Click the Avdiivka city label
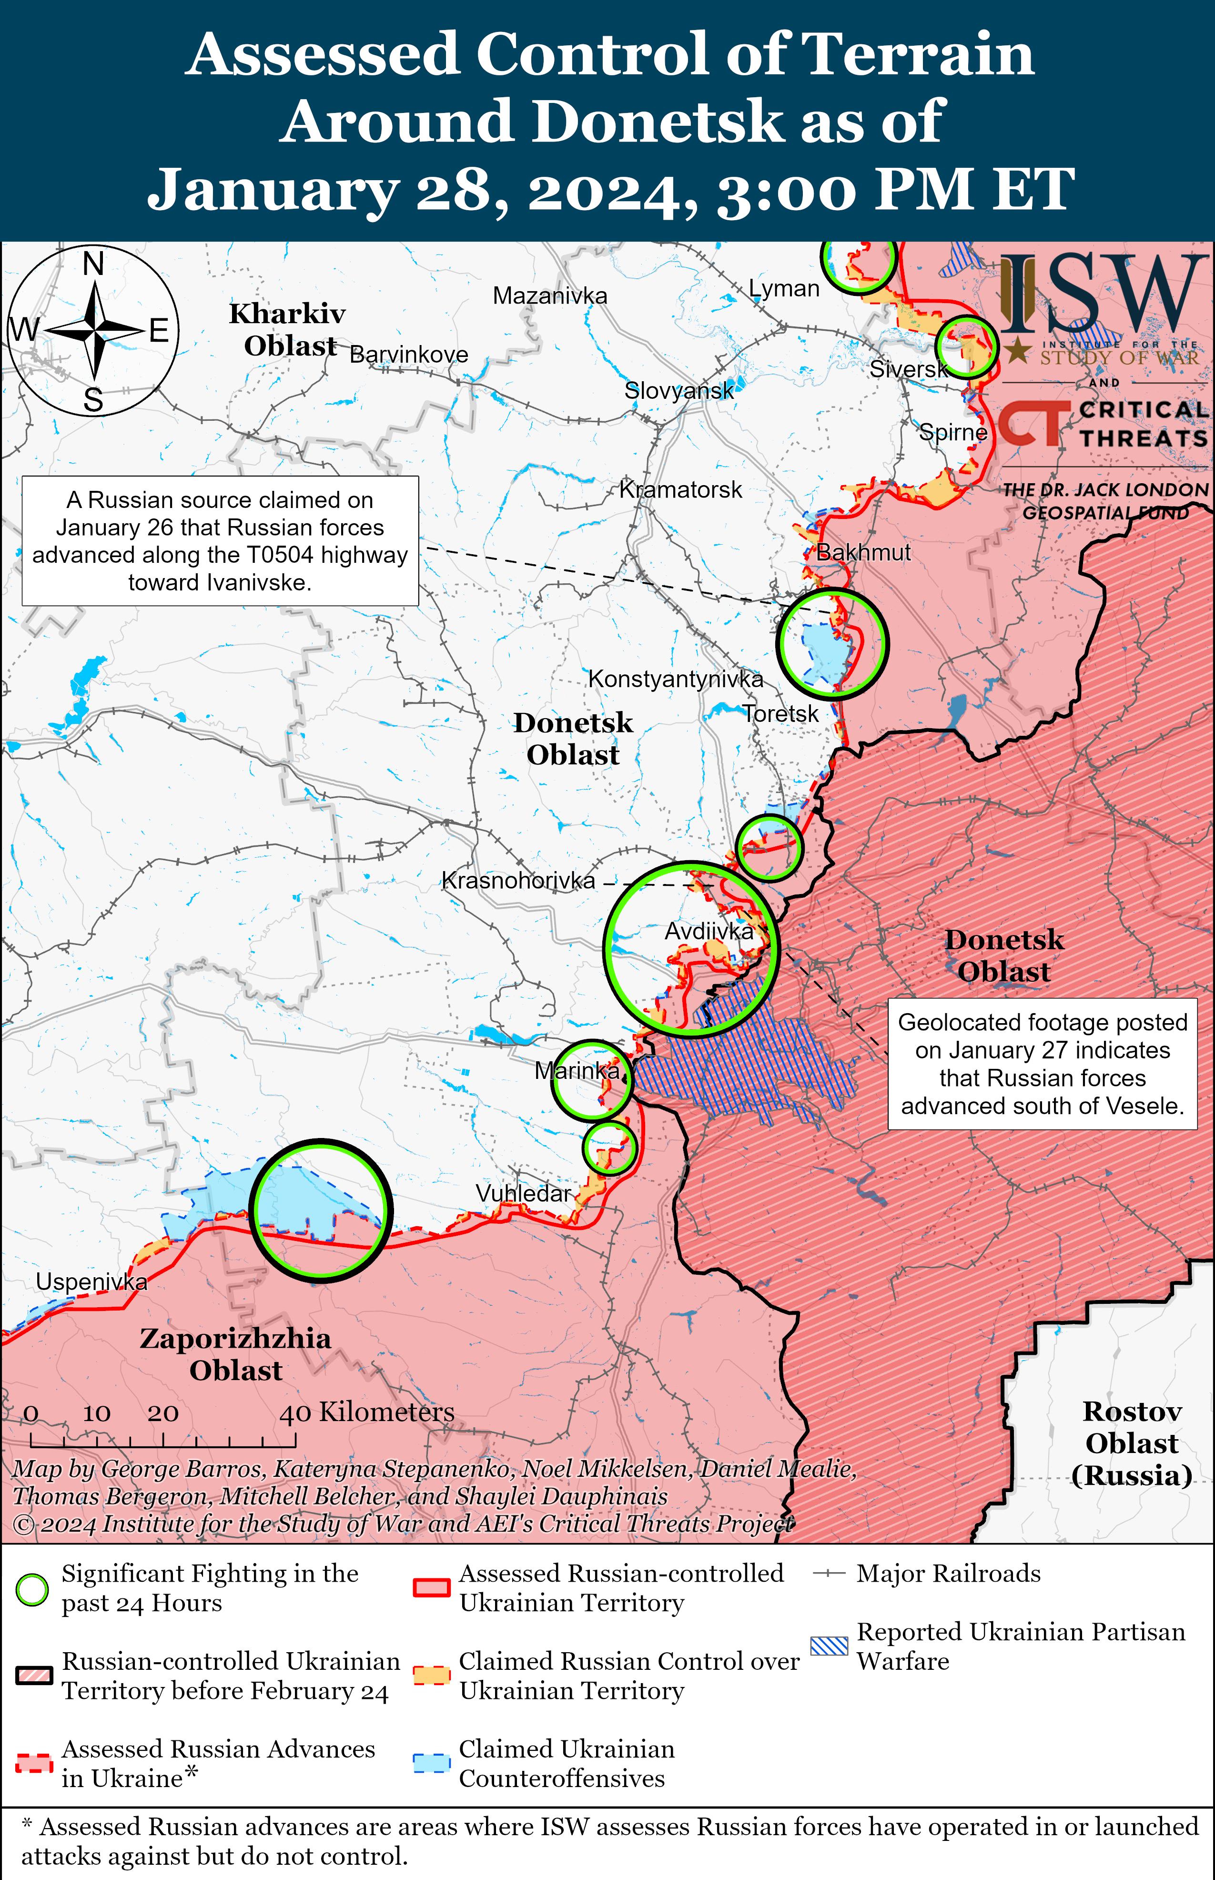pyautogui.click(x=709, y=932)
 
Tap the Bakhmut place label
pyautogui.click(x=863, y=552)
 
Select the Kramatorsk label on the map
pyautogui.click(x=680, y=490)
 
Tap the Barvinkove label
pyautogui.click(x=409, y=355)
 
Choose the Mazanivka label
pyautogui.click(x=550, y=296)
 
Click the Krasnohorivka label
pyautogui.click(x=518, y=881)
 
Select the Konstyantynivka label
pyautogui.click(x=675, y=679)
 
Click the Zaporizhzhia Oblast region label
pyautogui.click(x=235, y=1354)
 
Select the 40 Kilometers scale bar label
pyautogui.click(x=367, y=1412)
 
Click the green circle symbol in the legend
pyautogui.click(x=32, y=1590)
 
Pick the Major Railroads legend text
pyautogui.click(x=948, y=1574)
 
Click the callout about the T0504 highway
pyautogui.click(x=220, y=541)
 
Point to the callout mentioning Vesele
pyautogui.click(x=1042, y=1064)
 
